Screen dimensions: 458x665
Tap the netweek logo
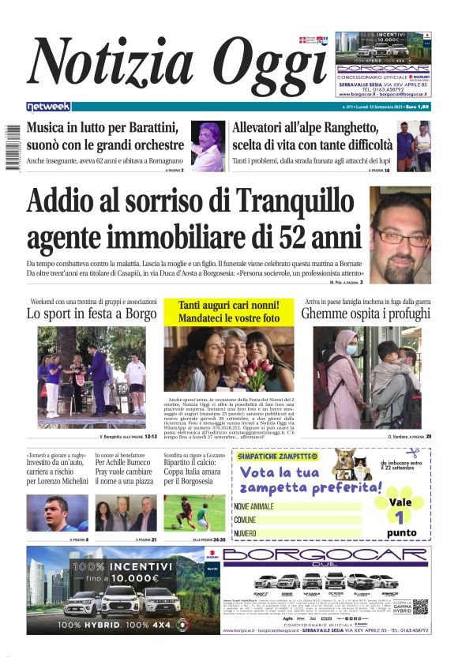(x=48, y=106)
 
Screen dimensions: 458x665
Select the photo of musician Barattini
(x=207, y=146)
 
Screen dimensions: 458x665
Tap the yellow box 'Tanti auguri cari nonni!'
(x=229, y=311)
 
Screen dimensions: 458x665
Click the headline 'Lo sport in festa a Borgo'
(x=92, y=314)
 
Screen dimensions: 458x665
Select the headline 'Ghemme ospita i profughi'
(x=366, y=314)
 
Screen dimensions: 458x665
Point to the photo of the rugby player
(x=57, y=513)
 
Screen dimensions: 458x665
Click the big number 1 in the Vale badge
(x=400, y=517)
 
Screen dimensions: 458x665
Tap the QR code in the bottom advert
(x=420, y=607)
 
